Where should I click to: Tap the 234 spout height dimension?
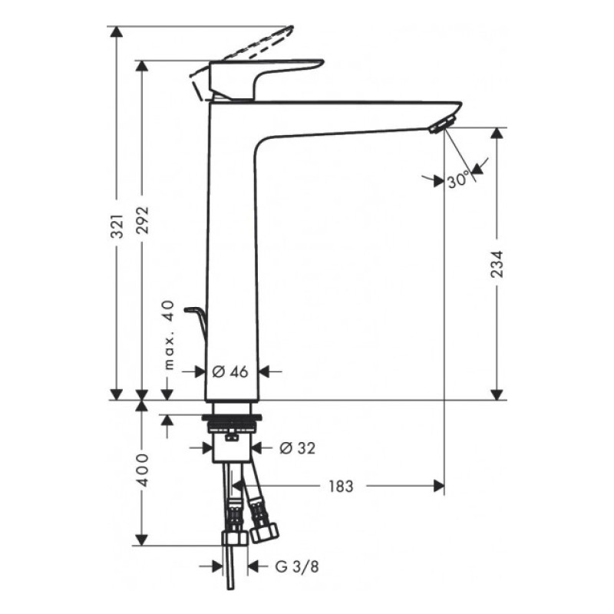pyautogui.click(x=497, y=265)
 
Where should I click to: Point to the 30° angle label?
pyautogui.click(x=458, y=180)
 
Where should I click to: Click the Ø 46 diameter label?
pyautogui.click(x=229, y=371)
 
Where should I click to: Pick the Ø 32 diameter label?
pyautogui.click(x=296, y=447)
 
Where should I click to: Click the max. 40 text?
pyautogui.click(x=170, y=335)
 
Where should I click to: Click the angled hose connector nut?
pyautogui.click(x=266, y=528)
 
